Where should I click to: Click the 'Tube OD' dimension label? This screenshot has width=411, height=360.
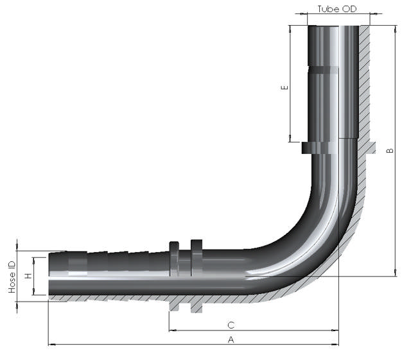pyautogui.click(x=337, y=9)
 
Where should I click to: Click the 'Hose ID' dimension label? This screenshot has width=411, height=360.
pyautogui.click(x=12, y=277)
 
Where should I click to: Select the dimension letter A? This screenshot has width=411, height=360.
pyautogui.click(x=231, y=339)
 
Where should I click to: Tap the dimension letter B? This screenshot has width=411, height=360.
pyautogui.click(x=390, y=151)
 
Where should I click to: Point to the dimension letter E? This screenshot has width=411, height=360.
pyautogui.click(x=285, y=87)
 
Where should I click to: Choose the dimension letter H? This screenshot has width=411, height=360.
pyautogui.click(x=28, y=276)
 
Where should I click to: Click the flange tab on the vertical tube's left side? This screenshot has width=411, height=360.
pyautogui.click(x=308, y=148)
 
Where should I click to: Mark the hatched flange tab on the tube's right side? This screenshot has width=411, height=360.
pyautogui.click(x=369, y=148)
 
